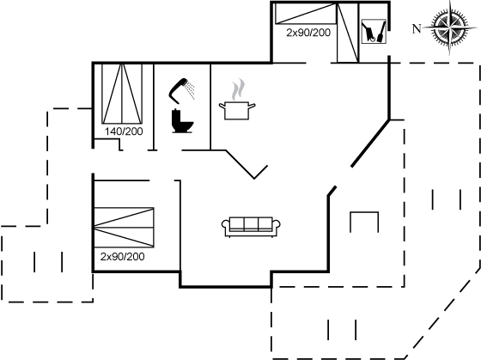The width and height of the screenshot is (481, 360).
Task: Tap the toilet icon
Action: (x=182, y=121)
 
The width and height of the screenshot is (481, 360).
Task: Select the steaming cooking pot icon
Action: (x=237, y=99)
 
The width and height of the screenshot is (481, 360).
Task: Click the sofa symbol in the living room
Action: (x=251, y=227)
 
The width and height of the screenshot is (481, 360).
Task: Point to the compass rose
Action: (x=450, y=27)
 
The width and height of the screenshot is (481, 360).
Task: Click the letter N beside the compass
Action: (x=417, y=28)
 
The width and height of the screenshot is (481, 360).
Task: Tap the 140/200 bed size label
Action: (x=124, y=131)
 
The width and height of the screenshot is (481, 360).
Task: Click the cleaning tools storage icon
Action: (x=374, y=32)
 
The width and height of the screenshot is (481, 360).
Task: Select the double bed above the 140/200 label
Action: (x=122, y=94)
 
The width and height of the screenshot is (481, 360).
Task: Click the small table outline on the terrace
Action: (x=364, y=212)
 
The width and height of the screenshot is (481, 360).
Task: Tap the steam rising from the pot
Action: (x=239, y=89)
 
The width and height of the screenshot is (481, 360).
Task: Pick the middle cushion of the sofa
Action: (x=251, y=223)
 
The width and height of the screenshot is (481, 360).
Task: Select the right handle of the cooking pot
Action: (x=252, y=107)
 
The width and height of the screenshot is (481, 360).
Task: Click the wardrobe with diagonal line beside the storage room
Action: (x=348, y=33)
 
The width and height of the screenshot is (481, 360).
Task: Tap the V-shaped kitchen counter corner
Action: (x=254, y=179)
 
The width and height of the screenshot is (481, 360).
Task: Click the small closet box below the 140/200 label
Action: (x=107, y=144)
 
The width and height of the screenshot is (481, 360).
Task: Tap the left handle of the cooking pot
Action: (x=222, y=107)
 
